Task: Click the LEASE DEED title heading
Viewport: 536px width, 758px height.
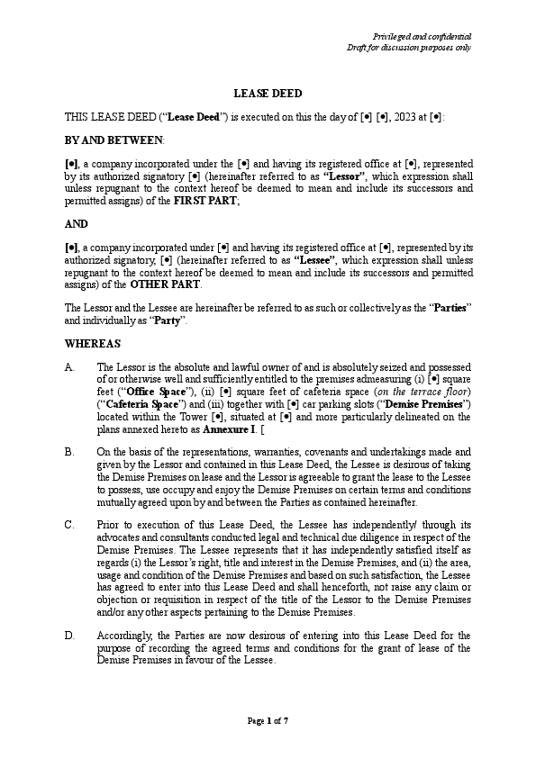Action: coord(268,93)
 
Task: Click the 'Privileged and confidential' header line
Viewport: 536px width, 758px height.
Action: coord(422,36)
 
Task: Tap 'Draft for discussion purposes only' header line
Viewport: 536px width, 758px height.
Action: coord(410,48)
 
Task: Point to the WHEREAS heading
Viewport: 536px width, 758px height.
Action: coord(93,343)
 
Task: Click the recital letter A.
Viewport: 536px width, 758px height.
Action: coord(69,367)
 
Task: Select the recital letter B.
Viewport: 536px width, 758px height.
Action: coord(69,451)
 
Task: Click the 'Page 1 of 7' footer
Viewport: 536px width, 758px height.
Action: coord(268,721)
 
